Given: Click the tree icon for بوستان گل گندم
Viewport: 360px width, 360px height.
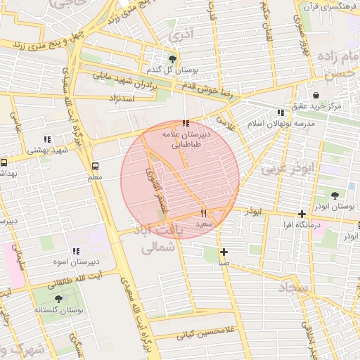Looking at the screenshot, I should [173, 58].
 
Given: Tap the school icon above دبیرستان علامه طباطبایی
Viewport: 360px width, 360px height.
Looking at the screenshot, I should [185, 123].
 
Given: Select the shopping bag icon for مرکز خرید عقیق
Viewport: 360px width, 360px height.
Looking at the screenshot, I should [316, 95].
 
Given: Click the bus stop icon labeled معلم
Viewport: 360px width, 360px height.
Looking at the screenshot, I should [95, 166].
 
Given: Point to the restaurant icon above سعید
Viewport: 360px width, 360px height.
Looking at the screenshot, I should [203, 212].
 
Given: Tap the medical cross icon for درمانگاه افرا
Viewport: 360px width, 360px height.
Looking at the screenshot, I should [302, 214].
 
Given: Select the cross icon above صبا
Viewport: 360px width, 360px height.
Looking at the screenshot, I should [224, 252].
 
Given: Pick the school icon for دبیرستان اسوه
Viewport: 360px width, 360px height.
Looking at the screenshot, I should [76, 251].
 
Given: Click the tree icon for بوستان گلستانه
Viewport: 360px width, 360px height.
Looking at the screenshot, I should [58, 299].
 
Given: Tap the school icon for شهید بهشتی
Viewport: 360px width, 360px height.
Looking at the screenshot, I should [47, 139].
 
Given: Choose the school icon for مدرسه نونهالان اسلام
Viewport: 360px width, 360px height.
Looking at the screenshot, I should [281, 112].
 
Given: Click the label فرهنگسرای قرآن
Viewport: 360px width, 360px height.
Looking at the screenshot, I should [328, 6].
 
